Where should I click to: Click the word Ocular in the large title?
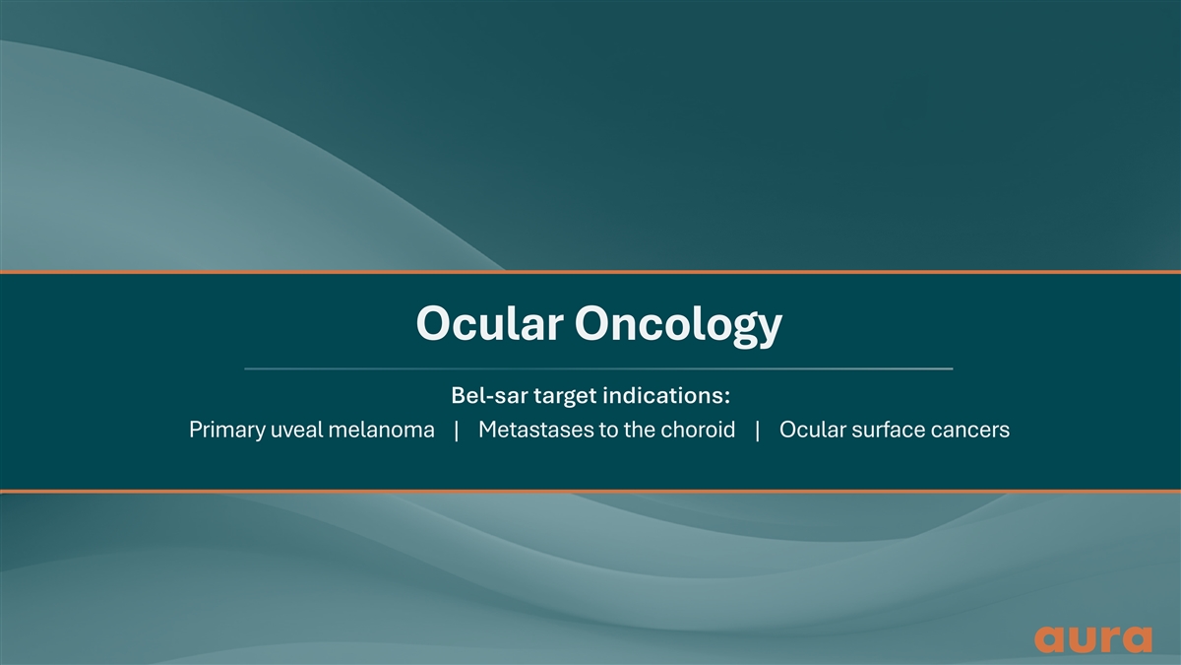(x=490, y=323)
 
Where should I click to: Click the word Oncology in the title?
(x=678, y=325)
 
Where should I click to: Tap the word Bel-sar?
(x=489, y=395)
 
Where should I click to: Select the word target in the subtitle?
(x=565, y=396)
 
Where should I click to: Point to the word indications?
(x=666, y=395)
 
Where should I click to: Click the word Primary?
(x=226, y=431)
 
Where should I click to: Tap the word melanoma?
(x=381, y=430)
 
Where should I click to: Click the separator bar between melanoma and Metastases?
(x=457, y=431)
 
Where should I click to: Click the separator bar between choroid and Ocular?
(x=758, y=431)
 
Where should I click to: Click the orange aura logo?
(x=1093, y=639)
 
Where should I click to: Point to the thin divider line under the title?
(x=598, y=368)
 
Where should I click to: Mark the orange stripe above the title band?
(x=590, y=272)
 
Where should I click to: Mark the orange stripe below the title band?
(x=590, y=492)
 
